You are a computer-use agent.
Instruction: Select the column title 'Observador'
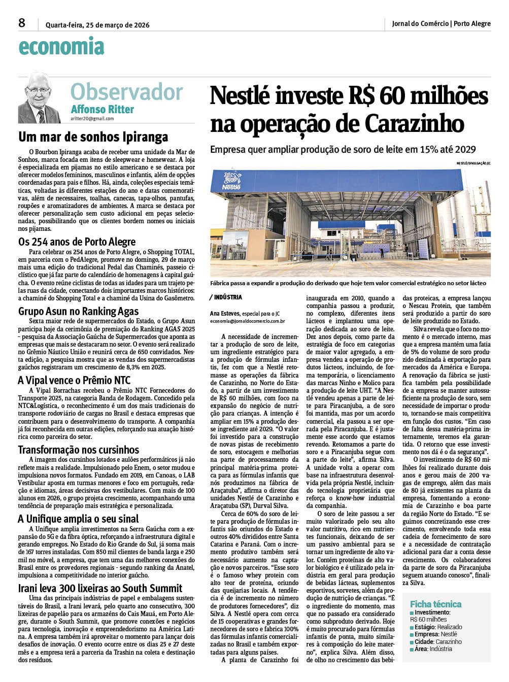(x=126, y=92)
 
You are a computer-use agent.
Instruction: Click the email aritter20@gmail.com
(x=92, y=119)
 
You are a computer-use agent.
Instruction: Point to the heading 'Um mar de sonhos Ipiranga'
(x=93, y=137)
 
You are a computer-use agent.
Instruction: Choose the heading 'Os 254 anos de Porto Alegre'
(x=77, y=242)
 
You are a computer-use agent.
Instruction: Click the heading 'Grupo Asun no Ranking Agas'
(x=78, y=311)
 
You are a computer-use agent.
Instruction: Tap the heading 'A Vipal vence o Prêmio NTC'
(x=74, y=380)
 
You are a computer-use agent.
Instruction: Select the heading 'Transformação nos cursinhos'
(x=78, y=450)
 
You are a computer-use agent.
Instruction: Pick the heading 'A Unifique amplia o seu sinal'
(x=78, y=519)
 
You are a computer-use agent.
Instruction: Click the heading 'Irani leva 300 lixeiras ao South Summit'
(x=100, y=588)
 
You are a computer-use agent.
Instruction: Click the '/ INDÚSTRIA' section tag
(x=226, y=297)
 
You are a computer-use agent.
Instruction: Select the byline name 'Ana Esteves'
(x=225, y=314)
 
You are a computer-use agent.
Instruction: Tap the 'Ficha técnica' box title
(x=435, y=604)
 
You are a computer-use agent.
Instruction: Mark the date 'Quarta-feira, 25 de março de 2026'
(x=97, y=25)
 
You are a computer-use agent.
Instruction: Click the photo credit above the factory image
(x=473, y=163)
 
